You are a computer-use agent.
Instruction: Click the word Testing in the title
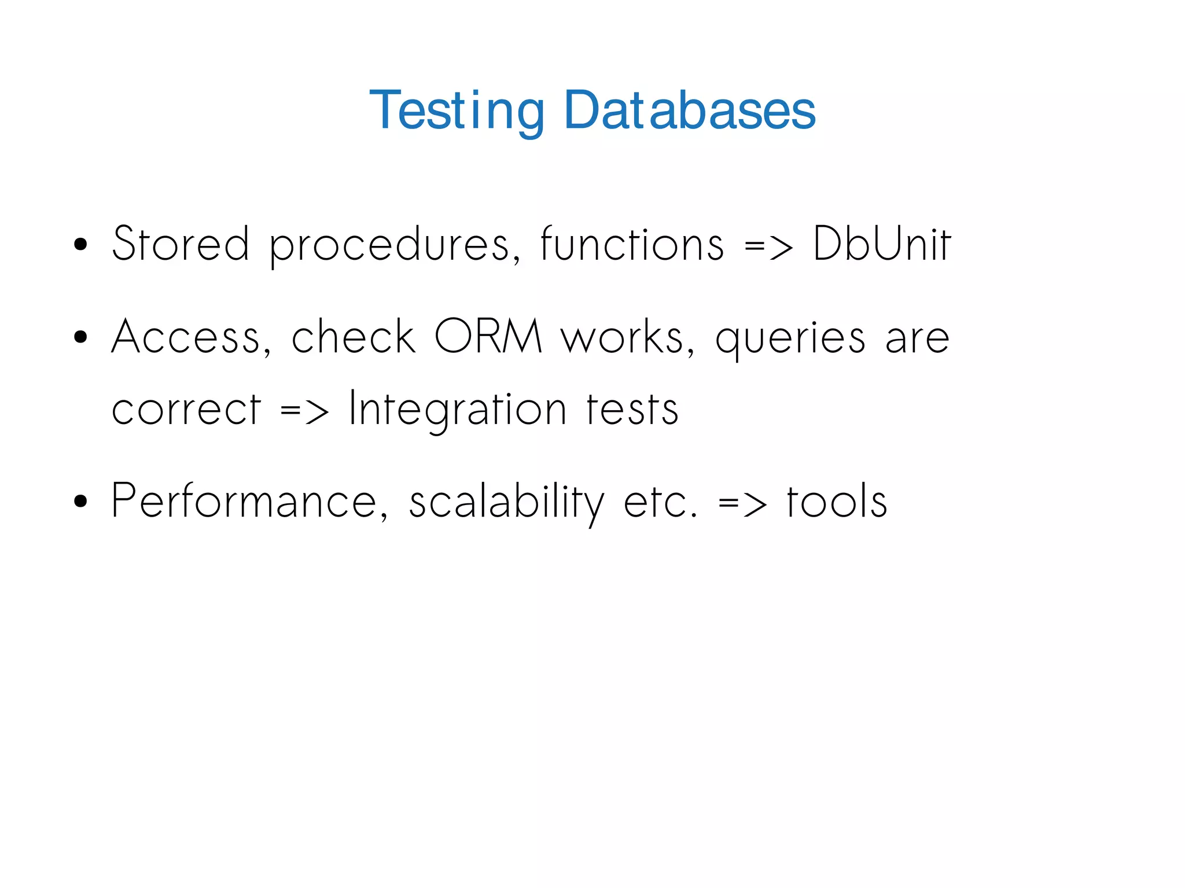click(x=457, y=110)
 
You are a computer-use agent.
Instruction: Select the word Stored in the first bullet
click(x=181, y=244)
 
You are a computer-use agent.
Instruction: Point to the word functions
click(x=632, y=244)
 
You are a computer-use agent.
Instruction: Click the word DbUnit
click(x=881, y=244)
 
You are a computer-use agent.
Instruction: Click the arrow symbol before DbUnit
click(x=768, y=248)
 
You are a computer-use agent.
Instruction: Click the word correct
click(x=186, y=410)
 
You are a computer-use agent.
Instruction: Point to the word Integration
click(x=457, y=410)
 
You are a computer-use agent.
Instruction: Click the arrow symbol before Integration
click(x=304, y=412)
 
